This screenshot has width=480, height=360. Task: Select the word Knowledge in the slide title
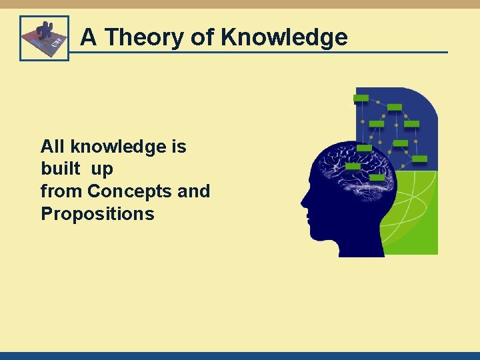(x=284, y=37)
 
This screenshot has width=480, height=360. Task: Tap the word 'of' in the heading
(x=203, y=37)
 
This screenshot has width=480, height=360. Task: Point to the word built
(x=59, y=169)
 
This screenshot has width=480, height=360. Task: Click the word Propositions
(x=97, y=214)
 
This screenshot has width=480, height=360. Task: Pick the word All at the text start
(x=53, y=146)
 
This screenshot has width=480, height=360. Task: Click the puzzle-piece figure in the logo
(x=45, y=31)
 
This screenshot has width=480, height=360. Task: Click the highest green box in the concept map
(x=361, y=98)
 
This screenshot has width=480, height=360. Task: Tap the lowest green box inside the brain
(x=377, y=178)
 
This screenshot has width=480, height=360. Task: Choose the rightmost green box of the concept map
(x=420, y=159)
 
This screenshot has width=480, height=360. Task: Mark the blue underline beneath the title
(x=267, y=53)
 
